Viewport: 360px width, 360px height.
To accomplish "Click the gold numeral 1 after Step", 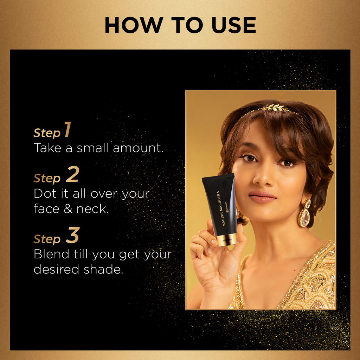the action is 67,129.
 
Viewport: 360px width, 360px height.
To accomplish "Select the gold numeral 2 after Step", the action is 72,174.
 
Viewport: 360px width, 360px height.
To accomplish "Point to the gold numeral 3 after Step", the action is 73,235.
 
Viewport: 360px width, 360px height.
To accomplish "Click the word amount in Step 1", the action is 138,148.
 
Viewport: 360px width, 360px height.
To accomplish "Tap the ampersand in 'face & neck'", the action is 68,209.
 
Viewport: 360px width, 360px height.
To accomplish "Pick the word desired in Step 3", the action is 56,269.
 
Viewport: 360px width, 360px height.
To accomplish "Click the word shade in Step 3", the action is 103,269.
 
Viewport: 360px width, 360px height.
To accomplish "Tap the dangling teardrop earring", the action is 304,213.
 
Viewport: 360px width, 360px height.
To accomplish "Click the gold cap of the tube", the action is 227,240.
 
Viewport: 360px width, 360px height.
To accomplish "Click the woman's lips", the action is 262,197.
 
